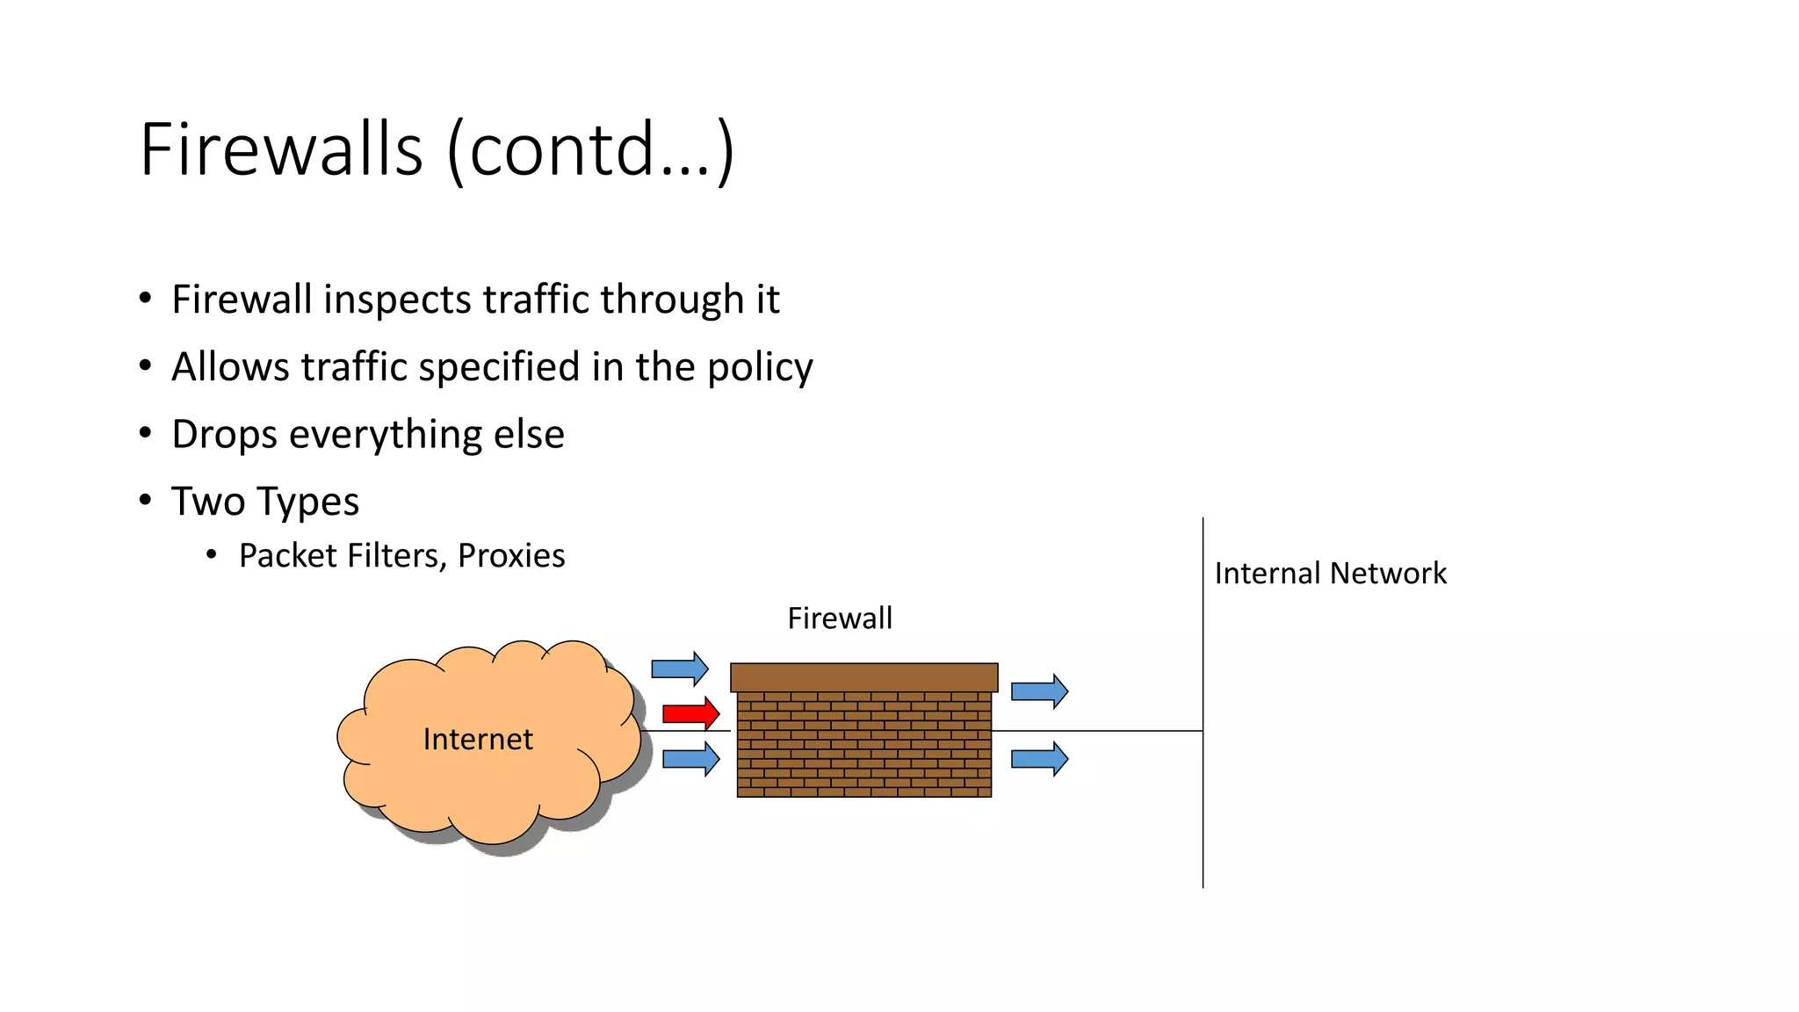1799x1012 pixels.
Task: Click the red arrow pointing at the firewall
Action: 690,713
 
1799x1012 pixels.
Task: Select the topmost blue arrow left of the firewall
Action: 679,669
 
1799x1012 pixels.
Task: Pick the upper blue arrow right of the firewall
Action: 1039,691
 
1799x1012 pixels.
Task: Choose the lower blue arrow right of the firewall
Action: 1039,759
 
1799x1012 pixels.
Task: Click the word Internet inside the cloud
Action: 478,740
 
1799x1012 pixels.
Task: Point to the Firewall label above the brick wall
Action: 840,618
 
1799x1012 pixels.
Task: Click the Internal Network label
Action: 1330,574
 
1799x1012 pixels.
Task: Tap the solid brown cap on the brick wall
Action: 863,677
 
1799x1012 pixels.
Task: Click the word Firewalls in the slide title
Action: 281,149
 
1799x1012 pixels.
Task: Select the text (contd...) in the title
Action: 590,149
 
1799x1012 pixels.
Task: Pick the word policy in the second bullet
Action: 760,367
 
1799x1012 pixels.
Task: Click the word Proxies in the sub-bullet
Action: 511,556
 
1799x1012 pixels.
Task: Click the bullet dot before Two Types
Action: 146,500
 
